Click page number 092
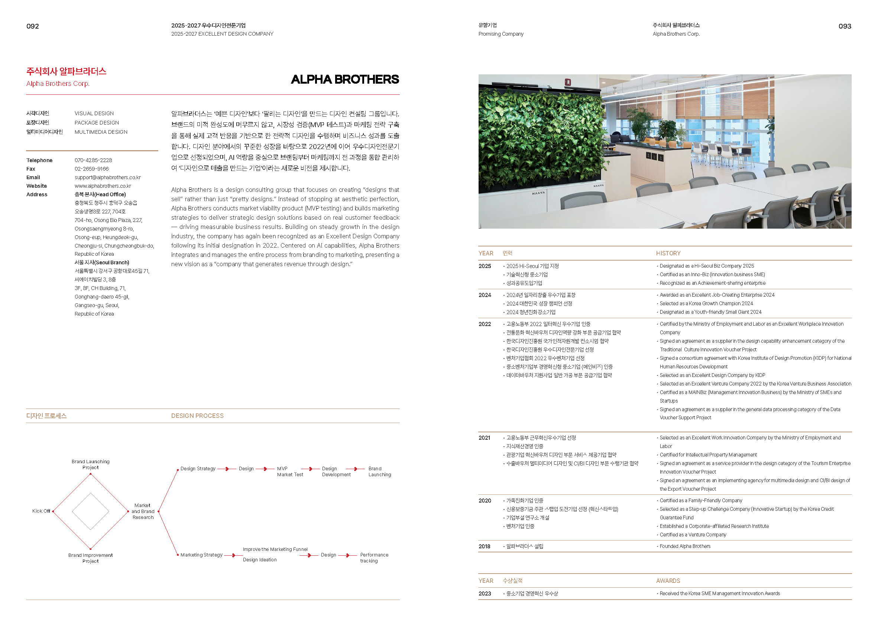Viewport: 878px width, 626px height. pos(32,26)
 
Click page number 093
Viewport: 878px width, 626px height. pos(845,26)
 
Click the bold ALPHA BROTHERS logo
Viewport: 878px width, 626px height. pos(345,80)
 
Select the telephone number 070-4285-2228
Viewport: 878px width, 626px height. pos(93,160)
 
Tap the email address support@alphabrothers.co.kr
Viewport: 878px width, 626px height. pos(107,177)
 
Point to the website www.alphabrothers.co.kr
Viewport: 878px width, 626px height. pos(103,186)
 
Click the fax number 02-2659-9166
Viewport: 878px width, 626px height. pos(92,169)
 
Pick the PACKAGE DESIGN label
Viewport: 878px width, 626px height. pos(97,123)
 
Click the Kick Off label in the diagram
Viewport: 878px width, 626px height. pos(41,511)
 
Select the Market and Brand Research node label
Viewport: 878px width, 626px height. pos(143,512)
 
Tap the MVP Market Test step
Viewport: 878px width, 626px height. pos(290,472)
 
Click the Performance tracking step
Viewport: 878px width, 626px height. pos(374,558)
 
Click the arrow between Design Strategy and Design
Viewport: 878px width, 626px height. pos(227,469)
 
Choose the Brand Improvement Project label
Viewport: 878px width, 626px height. pos(91,558)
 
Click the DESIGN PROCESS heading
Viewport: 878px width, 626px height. pos(197,416)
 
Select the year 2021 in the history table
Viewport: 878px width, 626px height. pos(484,438)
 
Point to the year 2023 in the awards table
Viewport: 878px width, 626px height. pos(485,594)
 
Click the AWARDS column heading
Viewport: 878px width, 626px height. pos(668,581)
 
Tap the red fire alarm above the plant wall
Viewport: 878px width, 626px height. pos(567,82)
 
